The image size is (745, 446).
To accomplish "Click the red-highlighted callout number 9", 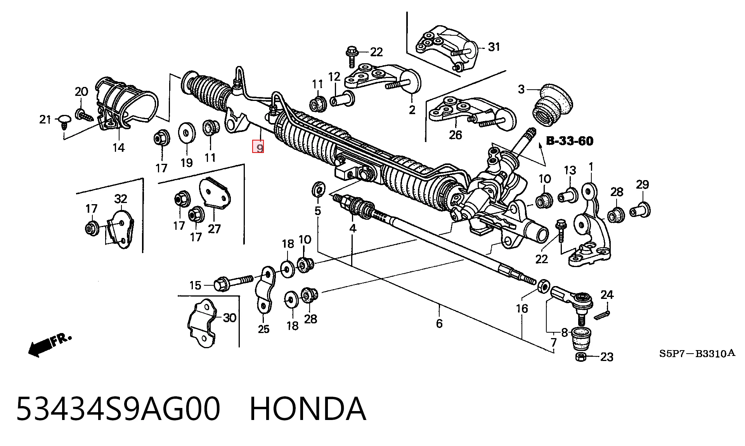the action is [258, 147].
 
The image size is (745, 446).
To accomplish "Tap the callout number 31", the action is [494, 47].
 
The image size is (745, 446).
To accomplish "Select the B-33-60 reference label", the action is [570, 141].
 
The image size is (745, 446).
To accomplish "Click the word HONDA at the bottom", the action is [308, 409].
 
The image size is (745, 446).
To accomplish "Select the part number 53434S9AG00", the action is [118, 409].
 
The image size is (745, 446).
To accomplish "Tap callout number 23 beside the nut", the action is [606, 357].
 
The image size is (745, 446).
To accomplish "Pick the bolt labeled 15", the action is [233, 282].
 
